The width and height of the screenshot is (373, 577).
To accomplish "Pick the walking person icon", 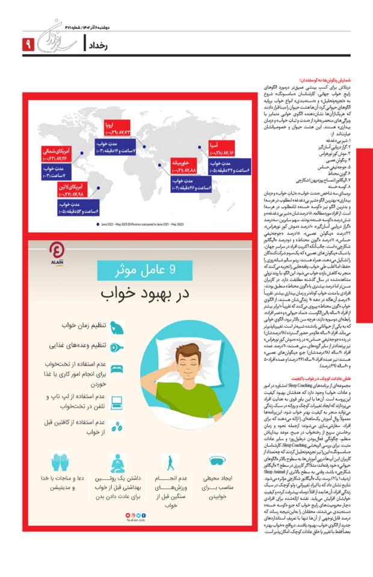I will [170, 464].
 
